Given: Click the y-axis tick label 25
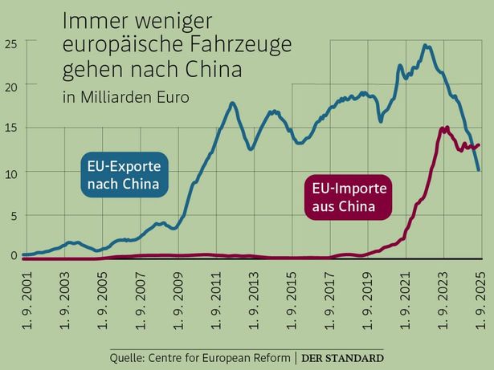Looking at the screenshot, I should (10, 43).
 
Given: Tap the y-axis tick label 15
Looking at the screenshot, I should (10, 128).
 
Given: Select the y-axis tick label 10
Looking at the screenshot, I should (10, 172).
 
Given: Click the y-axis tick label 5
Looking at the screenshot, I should (13, 215).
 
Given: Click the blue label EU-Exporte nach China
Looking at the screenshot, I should (124, 176).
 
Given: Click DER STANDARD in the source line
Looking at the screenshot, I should (343, 357).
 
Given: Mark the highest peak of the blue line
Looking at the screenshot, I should (426, 46).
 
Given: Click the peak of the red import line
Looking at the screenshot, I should (444, 128).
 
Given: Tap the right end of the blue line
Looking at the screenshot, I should (480, 170).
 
